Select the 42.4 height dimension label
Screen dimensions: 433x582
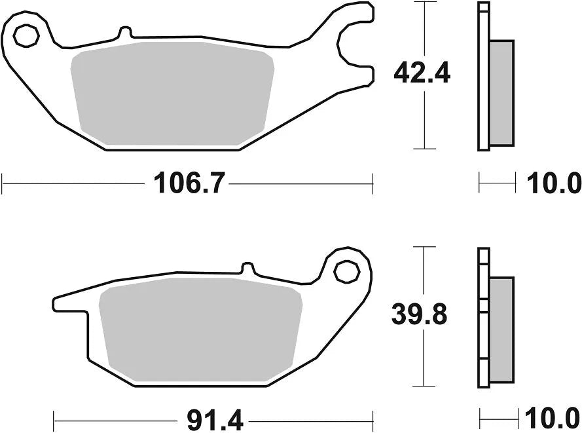pos(422,74)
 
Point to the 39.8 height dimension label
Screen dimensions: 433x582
pos(419,315)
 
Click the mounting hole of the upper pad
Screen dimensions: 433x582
pos(26,35)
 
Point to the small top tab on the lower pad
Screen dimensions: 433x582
pos(247,268)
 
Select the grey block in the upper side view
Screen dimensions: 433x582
pos(501,92)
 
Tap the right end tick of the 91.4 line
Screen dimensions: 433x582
pos(373,417)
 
